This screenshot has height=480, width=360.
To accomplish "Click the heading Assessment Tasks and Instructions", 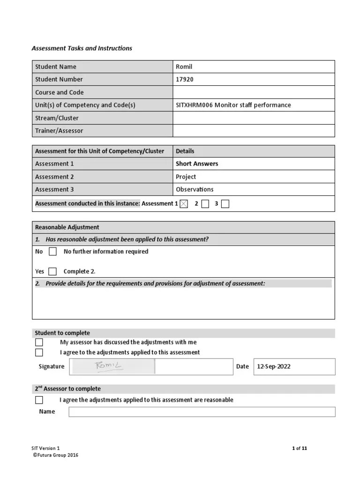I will [x=82, y=48].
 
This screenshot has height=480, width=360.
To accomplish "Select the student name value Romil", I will [x=184, y=67].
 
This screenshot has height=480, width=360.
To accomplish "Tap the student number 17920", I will [x=184, y=79].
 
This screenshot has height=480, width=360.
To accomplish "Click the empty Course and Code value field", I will [x=254, y=92].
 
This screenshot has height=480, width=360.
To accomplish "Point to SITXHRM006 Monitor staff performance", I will [x=233, y=105].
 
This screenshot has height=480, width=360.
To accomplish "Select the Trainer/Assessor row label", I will [x=59, y=131].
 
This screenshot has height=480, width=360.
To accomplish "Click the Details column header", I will [x=185, y=151].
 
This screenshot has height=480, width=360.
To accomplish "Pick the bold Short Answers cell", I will [x=197, y=164].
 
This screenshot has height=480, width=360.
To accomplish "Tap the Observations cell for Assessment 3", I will [x=195, y=189].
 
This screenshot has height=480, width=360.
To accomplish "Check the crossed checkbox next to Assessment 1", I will [x=184, y=203].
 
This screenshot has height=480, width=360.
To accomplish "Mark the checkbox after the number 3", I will [x=225, y=203].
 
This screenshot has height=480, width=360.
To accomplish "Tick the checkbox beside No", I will [x=53, y=252].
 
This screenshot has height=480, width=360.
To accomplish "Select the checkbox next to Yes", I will [x=52, y=271].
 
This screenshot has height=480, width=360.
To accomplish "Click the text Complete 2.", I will [x=79, y=271].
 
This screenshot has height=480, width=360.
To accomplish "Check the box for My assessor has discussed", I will [x=39, y=342].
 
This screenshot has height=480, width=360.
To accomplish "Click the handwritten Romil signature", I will [x=109, y=366].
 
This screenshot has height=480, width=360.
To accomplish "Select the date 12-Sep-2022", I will [x=274, y=367].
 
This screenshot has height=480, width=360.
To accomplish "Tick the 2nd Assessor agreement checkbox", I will [x=39, y=400].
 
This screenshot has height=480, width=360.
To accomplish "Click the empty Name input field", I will [x=202, y=412].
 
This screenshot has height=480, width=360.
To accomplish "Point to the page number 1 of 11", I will [x=299, y=448].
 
